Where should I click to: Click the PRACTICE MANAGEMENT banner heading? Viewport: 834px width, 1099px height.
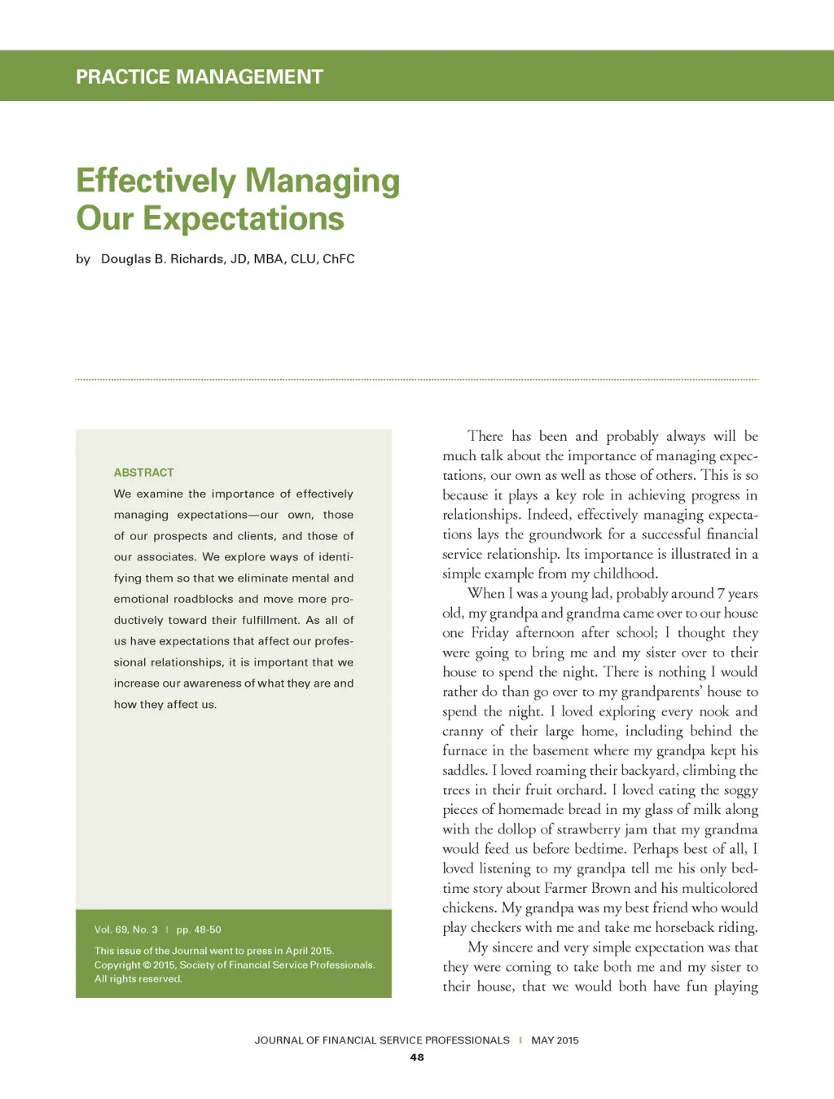coord(200,77)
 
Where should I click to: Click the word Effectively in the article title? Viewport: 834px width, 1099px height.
coord(156,181)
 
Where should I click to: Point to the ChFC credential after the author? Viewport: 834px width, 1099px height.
coord(339,259)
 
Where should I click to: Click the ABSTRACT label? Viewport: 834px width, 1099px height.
coord(143,473)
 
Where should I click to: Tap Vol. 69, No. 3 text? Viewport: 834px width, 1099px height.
coord(125,930)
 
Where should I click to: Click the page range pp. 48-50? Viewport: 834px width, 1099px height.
coord(199,930)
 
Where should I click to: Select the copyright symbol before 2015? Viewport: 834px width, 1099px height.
coord(147,965)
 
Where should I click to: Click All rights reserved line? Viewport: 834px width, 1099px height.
coord(138,979)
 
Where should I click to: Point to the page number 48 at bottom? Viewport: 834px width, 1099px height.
coord(417,1057)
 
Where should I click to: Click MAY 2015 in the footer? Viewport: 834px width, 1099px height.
coord(555,1040)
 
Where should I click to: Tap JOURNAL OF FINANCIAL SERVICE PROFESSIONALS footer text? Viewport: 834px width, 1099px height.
coord(381,1040)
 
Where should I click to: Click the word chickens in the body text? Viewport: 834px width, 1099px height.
coord(467,908)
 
